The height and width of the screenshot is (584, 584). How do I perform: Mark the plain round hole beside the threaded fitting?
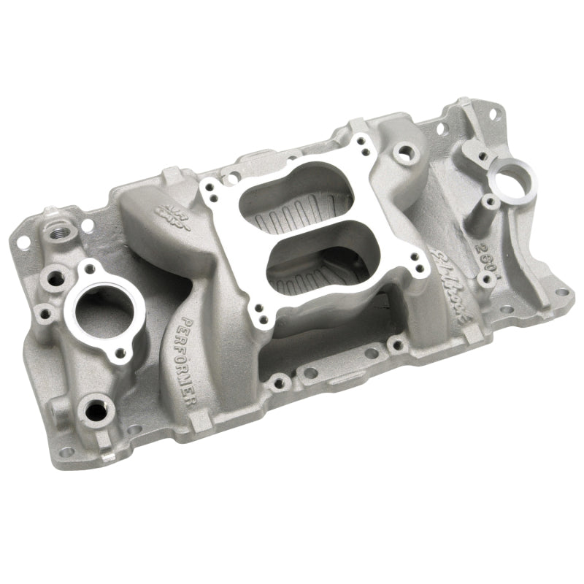(86, 228)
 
